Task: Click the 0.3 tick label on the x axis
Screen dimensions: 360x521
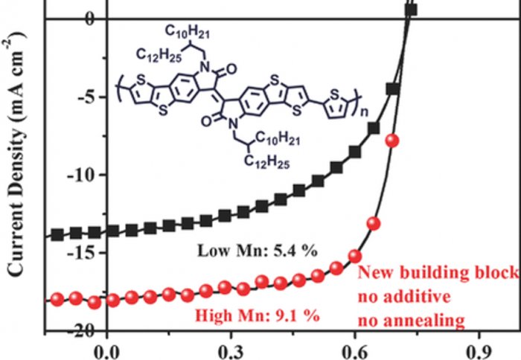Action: pyautogui.click(x=231, y=347)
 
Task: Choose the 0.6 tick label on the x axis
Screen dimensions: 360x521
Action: pyautogui.click(x=355, y=347)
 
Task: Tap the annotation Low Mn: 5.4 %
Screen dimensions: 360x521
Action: pyautogui.click(x=258, y=251)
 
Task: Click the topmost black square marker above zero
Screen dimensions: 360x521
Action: pyautogui.click(x=411, y=10)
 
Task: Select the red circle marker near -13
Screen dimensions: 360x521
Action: pyautogui.click(x=374, y=223)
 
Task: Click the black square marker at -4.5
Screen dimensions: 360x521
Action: pyautogui.click(x=393, y=89)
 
